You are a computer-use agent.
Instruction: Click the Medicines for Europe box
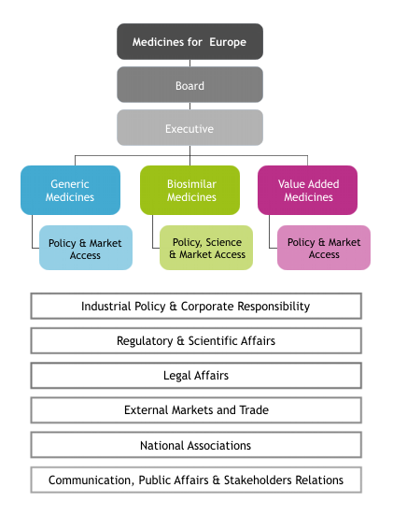(189, 41)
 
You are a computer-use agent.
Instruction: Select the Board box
(189, 84)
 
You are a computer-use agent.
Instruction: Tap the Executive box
(189, 127)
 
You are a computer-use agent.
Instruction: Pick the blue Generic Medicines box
(70, 190)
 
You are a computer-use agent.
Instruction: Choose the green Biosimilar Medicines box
(189, 190)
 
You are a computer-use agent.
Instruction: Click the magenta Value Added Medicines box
(307, 190)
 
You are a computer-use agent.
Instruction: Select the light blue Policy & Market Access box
(86, 248)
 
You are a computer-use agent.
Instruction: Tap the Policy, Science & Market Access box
(206, 248)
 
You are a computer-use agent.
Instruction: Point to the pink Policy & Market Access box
(324, 248)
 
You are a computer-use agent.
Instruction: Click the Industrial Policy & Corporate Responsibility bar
(196, 306)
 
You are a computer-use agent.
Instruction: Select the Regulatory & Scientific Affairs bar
(196, 340)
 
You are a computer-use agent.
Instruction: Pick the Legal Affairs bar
(196, 376)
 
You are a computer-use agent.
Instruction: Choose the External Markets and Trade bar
(196, 410)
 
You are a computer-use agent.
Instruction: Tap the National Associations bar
(196, 445)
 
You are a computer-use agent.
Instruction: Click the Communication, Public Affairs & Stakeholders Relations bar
(196, 480)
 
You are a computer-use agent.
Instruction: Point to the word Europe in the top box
(228, 42)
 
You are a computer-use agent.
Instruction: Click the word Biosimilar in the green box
(191, 184)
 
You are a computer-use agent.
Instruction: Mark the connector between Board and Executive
(189, 106)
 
